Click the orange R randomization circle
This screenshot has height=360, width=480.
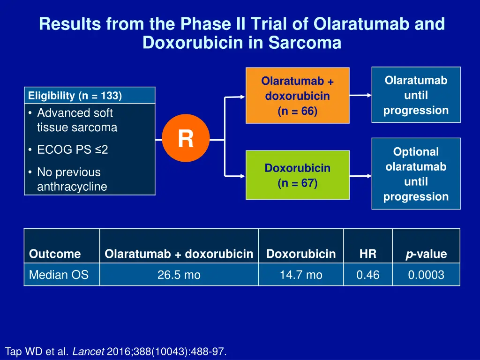[x=186, y=138]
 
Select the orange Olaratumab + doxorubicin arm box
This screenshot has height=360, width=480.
[x=297, y=96]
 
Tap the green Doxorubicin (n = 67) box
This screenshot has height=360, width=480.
[x=297, y=175]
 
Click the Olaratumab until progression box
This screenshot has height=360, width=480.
[x=416, y=95]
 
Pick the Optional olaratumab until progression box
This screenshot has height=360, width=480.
[x=416, y=174]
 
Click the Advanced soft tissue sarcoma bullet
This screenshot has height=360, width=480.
[x=75, y=120]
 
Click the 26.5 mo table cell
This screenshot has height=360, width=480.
[x=179, y=275]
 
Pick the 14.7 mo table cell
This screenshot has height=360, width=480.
[x=301, y=275]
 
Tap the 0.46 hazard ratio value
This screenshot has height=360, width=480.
[x=367, y=275]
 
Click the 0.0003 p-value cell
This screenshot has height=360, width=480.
[x=426, y=275]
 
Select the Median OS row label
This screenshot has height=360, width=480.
[x=59, y=275]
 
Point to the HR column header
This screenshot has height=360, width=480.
[x=367, y=254]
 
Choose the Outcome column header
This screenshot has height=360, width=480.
[x=55, y=254]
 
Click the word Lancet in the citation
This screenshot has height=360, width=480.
[x=88, y=352]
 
